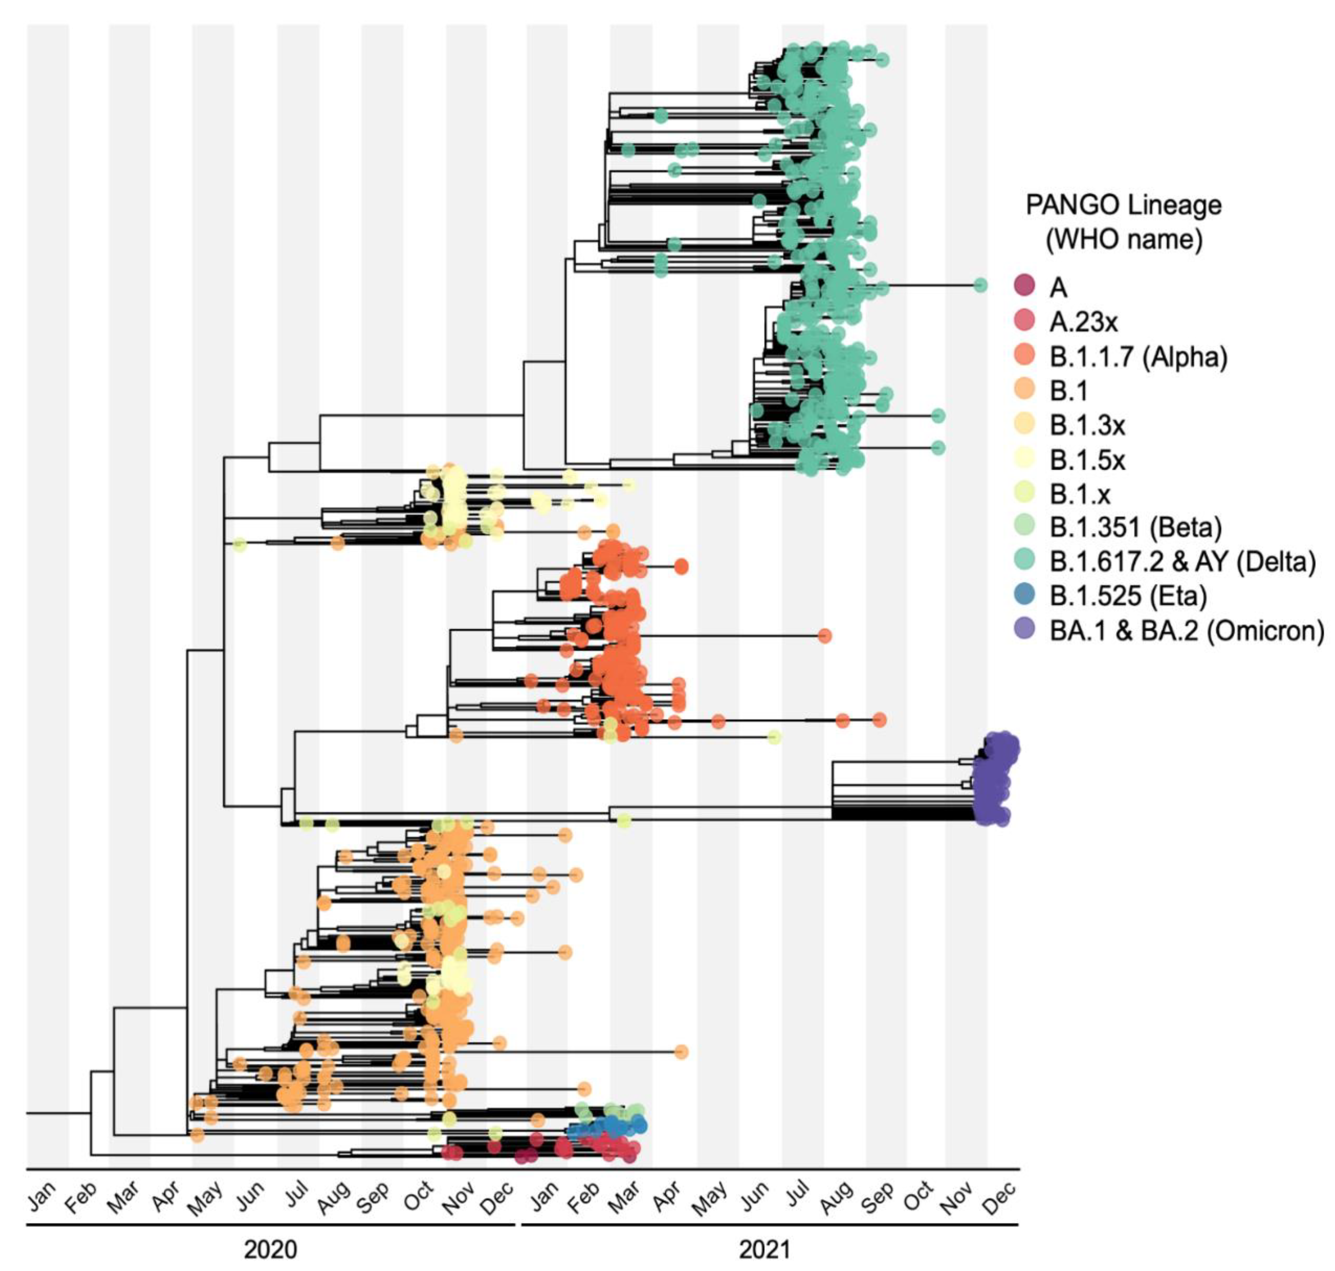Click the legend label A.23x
(1083, 322)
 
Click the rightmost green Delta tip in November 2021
(979, 285)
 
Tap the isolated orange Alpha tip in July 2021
(824, 635)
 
